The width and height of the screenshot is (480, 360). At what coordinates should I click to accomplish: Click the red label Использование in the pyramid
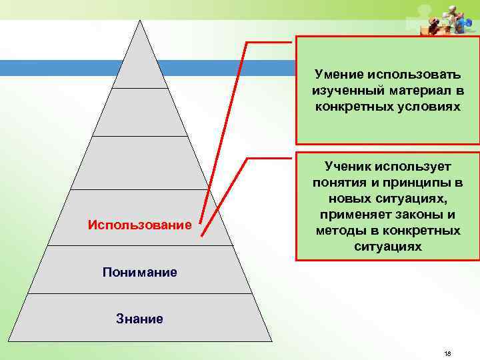click(x=139, y=225)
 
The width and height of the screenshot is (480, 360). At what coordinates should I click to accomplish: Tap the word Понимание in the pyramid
click(x=140, y=272)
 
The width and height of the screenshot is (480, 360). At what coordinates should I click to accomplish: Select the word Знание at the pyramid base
click(x=140, y=319)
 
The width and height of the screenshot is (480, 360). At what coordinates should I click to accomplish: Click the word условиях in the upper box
click(x=431, y=106)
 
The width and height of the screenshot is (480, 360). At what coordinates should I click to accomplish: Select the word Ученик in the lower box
click(x=349, y=165)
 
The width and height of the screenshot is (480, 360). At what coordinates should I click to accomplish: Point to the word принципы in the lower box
click(x=403, y=182)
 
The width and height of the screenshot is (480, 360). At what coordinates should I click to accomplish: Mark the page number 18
click(x=447, y=353)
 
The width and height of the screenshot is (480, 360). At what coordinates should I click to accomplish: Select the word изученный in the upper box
click(x=345, y=90)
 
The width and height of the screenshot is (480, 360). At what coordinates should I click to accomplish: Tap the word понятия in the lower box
click(x=335, y=182)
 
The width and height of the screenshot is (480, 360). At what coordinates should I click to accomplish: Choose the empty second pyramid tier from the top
click(x=140, y=112)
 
